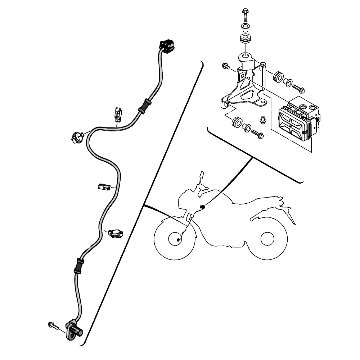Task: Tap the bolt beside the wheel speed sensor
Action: [x=53, y=325]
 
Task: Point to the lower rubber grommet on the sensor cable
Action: [x=78, y=265]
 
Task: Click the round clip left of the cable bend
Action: [x=77, y=137]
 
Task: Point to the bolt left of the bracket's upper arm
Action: [x=226, y=66]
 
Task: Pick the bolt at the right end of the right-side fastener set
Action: [x=298, y=87]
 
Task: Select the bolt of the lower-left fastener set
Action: [x=258, y=134]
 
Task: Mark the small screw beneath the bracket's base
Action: [x=262, y=119]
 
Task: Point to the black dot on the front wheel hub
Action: [x=179, y=239]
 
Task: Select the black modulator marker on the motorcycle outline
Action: [x=202, y=207]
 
